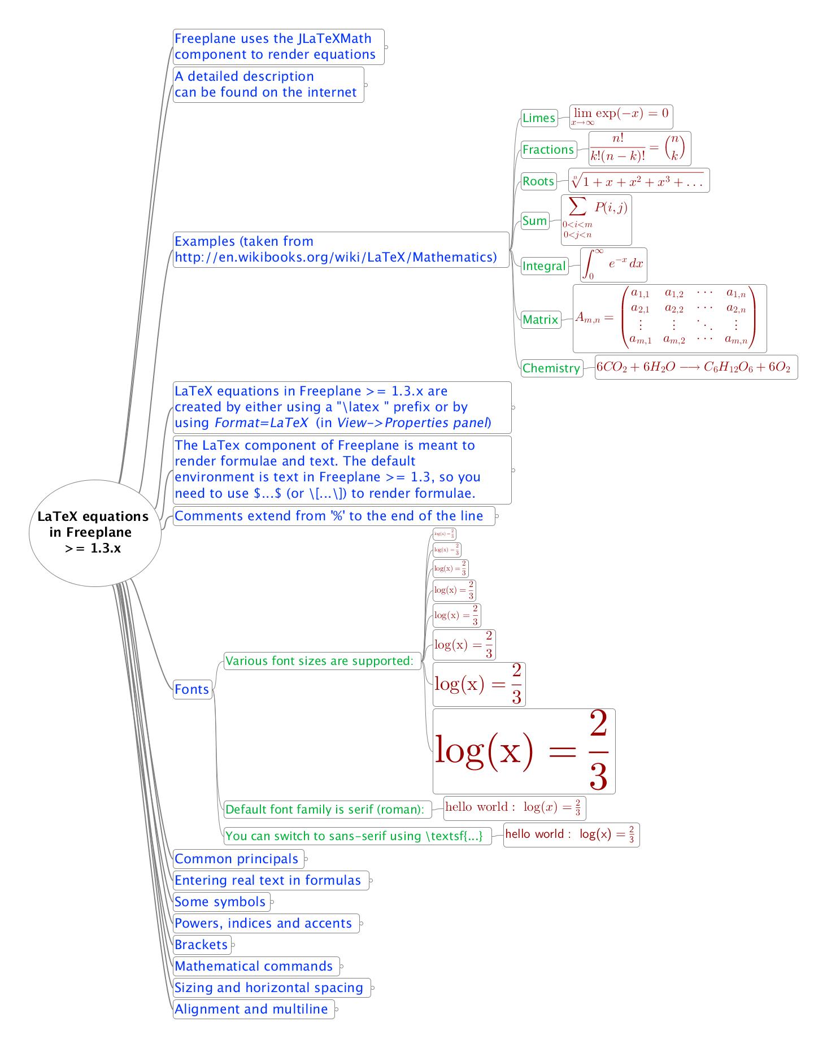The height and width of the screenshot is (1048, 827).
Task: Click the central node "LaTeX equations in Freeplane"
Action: tap(94, 532)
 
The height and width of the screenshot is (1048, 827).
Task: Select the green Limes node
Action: tap(539, 118)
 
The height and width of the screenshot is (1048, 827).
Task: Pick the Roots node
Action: tap(538, 181)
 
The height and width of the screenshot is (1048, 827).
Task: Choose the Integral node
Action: tap(544, 266)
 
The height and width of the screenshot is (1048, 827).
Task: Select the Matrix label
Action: tap(541, 320)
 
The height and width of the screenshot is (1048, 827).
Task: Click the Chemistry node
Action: tap(551, 368)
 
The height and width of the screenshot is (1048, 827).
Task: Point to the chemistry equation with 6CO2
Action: tap(695, 367)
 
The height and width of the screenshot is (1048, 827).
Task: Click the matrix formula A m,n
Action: tap(669, 319)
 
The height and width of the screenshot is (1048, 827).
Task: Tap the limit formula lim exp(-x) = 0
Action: tap(621, 116)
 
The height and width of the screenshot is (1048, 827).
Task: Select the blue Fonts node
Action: tap(192, 689)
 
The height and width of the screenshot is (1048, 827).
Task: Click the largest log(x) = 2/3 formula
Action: tap(524, 751)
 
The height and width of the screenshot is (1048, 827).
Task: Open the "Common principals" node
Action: tap(237, 859)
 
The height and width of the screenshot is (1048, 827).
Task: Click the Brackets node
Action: tap(202, 944)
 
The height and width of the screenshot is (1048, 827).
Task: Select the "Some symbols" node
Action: tap(221, 902)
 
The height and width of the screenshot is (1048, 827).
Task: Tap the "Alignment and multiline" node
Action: tap(253, 1009)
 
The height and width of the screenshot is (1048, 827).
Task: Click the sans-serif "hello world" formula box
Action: tap(571, 834)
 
